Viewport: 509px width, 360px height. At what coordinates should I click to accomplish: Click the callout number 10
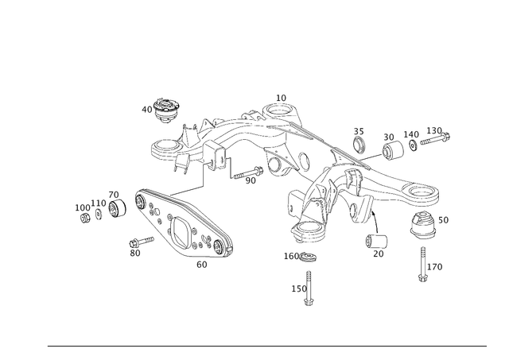point(281,98)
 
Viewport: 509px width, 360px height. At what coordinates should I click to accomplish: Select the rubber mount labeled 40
point(166,110)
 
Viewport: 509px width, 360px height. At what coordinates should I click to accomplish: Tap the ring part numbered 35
point(359,145)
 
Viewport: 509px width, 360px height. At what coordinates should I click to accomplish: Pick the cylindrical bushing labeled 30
point(393,150)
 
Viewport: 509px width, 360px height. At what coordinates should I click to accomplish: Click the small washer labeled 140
point(413,145)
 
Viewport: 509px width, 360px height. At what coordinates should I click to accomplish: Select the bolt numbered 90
point(248,173)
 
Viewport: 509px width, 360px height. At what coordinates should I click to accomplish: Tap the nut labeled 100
point(85,218)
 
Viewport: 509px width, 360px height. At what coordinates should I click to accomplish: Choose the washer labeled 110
point(99,214)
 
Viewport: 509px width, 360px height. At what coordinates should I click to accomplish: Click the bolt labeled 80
point(142,242)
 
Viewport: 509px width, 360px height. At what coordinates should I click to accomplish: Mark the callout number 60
point(201,265)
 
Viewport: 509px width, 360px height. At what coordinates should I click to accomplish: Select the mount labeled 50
point(422,225)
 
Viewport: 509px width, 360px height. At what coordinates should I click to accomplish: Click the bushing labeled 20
point(376,241)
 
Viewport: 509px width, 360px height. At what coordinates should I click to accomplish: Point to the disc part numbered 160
point(309,257)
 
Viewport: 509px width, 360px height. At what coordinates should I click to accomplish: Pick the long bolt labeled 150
point(309,288)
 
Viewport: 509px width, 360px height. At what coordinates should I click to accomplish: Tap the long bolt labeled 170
point(422,265)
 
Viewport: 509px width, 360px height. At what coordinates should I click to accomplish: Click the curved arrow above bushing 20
point(375,221)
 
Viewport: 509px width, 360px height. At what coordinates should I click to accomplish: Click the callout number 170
point(435,267)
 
